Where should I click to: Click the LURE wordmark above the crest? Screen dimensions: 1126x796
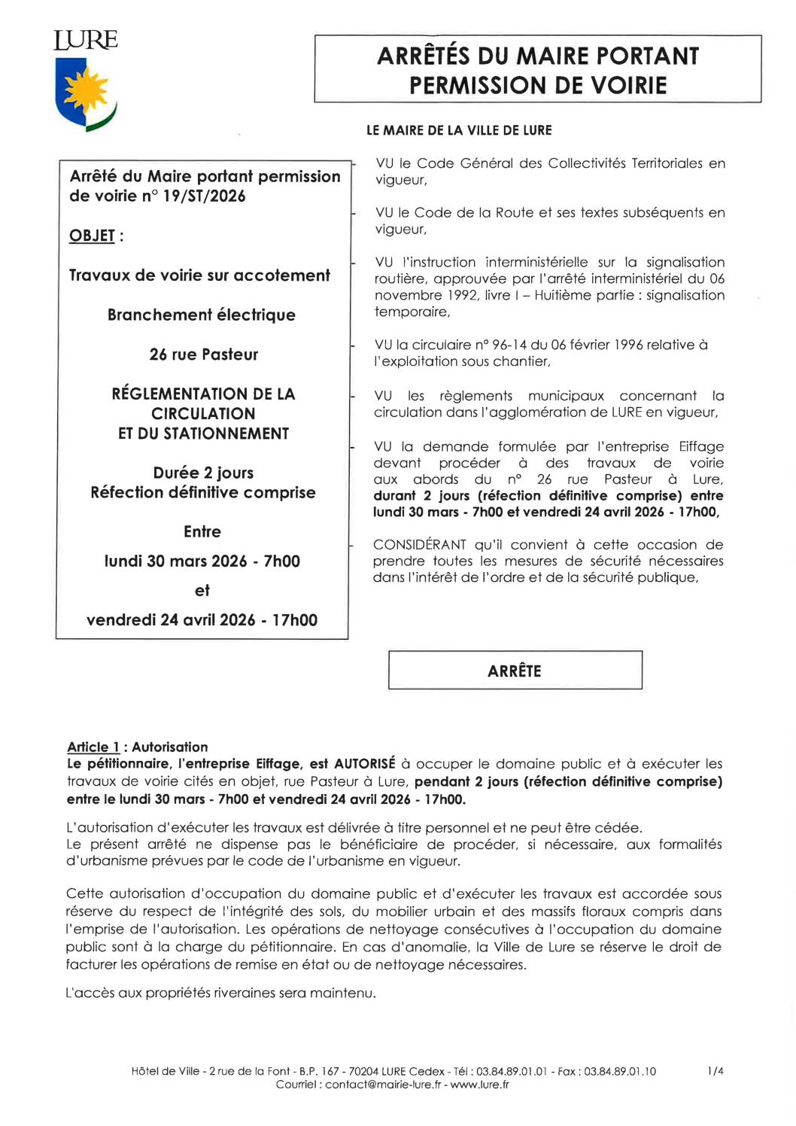click(x=86, y=40)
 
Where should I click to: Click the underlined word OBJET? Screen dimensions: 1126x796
click(x=92, y=236)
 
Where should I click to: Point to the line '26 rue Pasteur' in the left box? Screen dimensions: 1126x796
click(x=203, y=355)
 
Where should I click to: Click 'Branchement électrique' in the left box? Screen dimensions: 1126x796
click(x=201, y=315)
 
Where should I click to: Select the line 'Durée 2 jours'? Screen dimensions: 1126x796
click(x=203, y=473)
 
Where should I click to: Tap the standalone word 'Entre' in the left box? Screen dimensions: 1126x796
click(x=202, y=532)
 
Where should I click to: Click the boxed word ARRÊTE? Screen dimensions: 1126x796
click(x=515, y=671)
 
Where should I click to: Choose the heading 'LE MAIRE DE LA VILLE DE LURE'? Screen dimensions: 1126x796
click(x=459, y=130)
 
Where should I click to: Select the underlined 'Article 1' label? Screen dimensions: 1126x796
click(x=93, y=747)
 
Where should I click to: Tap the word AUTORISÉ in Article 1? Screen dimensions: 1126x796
click(x=365, y=764)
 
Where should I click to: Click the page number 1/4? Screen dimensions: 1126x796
click(x=715, y=1071)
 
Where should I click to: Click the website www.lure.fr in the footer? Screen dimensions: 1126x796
click(x=480, y=1085)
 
